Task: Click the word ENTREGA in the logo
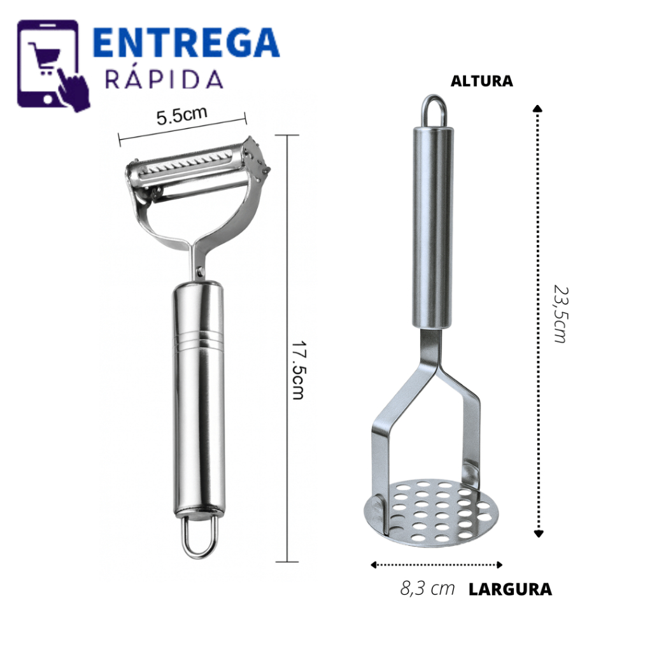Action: tap(186, 42)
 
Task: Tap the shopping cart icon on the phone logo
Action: tap(45, 58)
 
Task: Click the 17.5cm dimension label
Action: tap(299, 370)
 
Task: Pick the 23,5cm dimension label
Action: tap(561, 314)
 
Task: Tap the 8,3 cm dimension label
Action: tap(427, 588)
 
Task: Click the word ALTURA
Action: tap(482, 81)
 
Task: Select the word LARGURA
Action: tap(510, 589)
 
